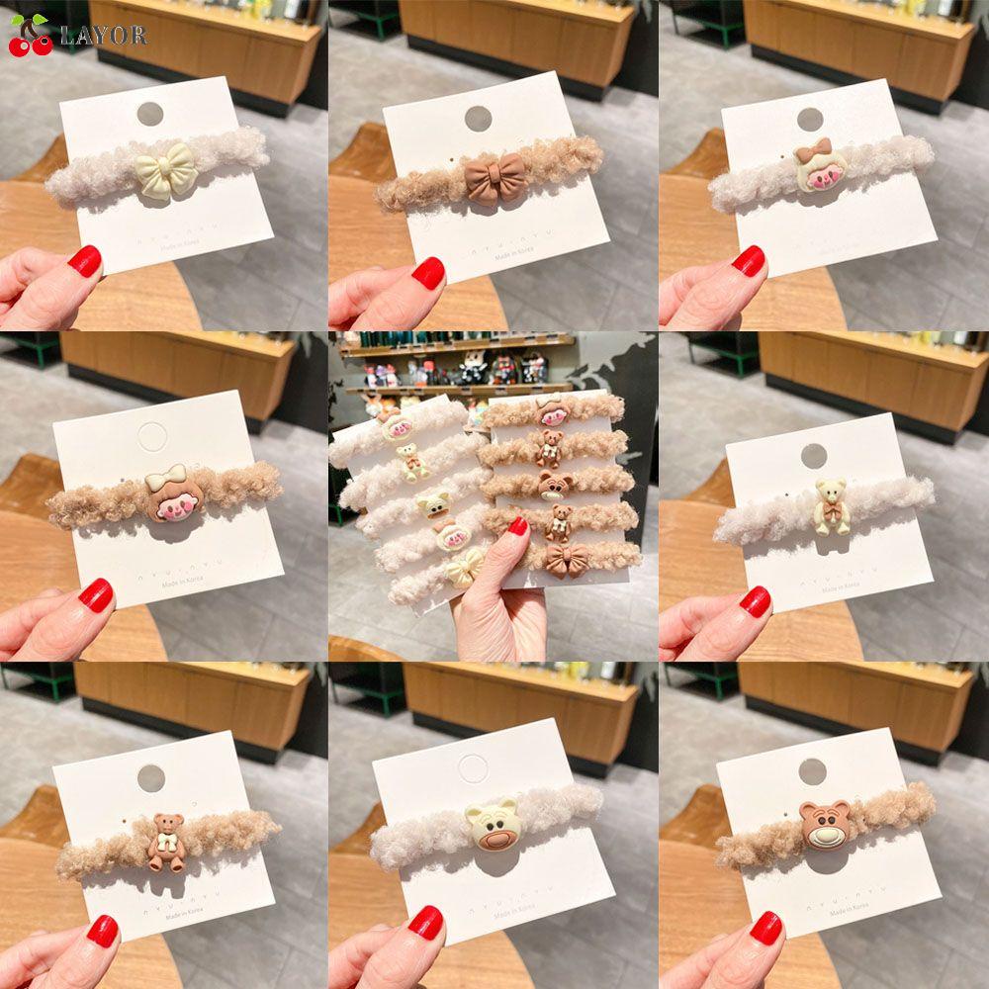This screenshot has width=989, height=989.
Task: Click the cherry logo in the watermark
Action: tap(31, 35)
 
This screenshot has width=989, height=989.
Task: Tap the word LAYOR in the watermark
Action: tap(103, 37)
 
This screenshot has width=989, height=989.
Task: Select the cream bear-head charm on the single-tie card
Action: tap(492, 825)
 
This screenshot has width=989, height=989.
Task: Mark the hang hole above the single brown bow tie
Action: tap(479, 118)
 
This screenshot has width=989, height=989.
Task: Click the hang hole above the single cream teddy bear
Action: tap(813, 456)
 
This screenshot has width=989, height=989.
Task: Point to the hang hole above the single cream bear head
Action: tap(475, 768)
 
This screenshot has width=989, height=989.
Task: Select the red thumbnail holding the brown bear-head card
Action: tap(766, 927)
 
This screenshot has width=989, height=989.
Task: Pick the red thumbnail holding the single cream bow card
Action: tap(85, 261)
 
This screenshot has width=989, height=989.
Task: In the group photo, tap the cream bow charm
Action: tap(463, 568)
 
